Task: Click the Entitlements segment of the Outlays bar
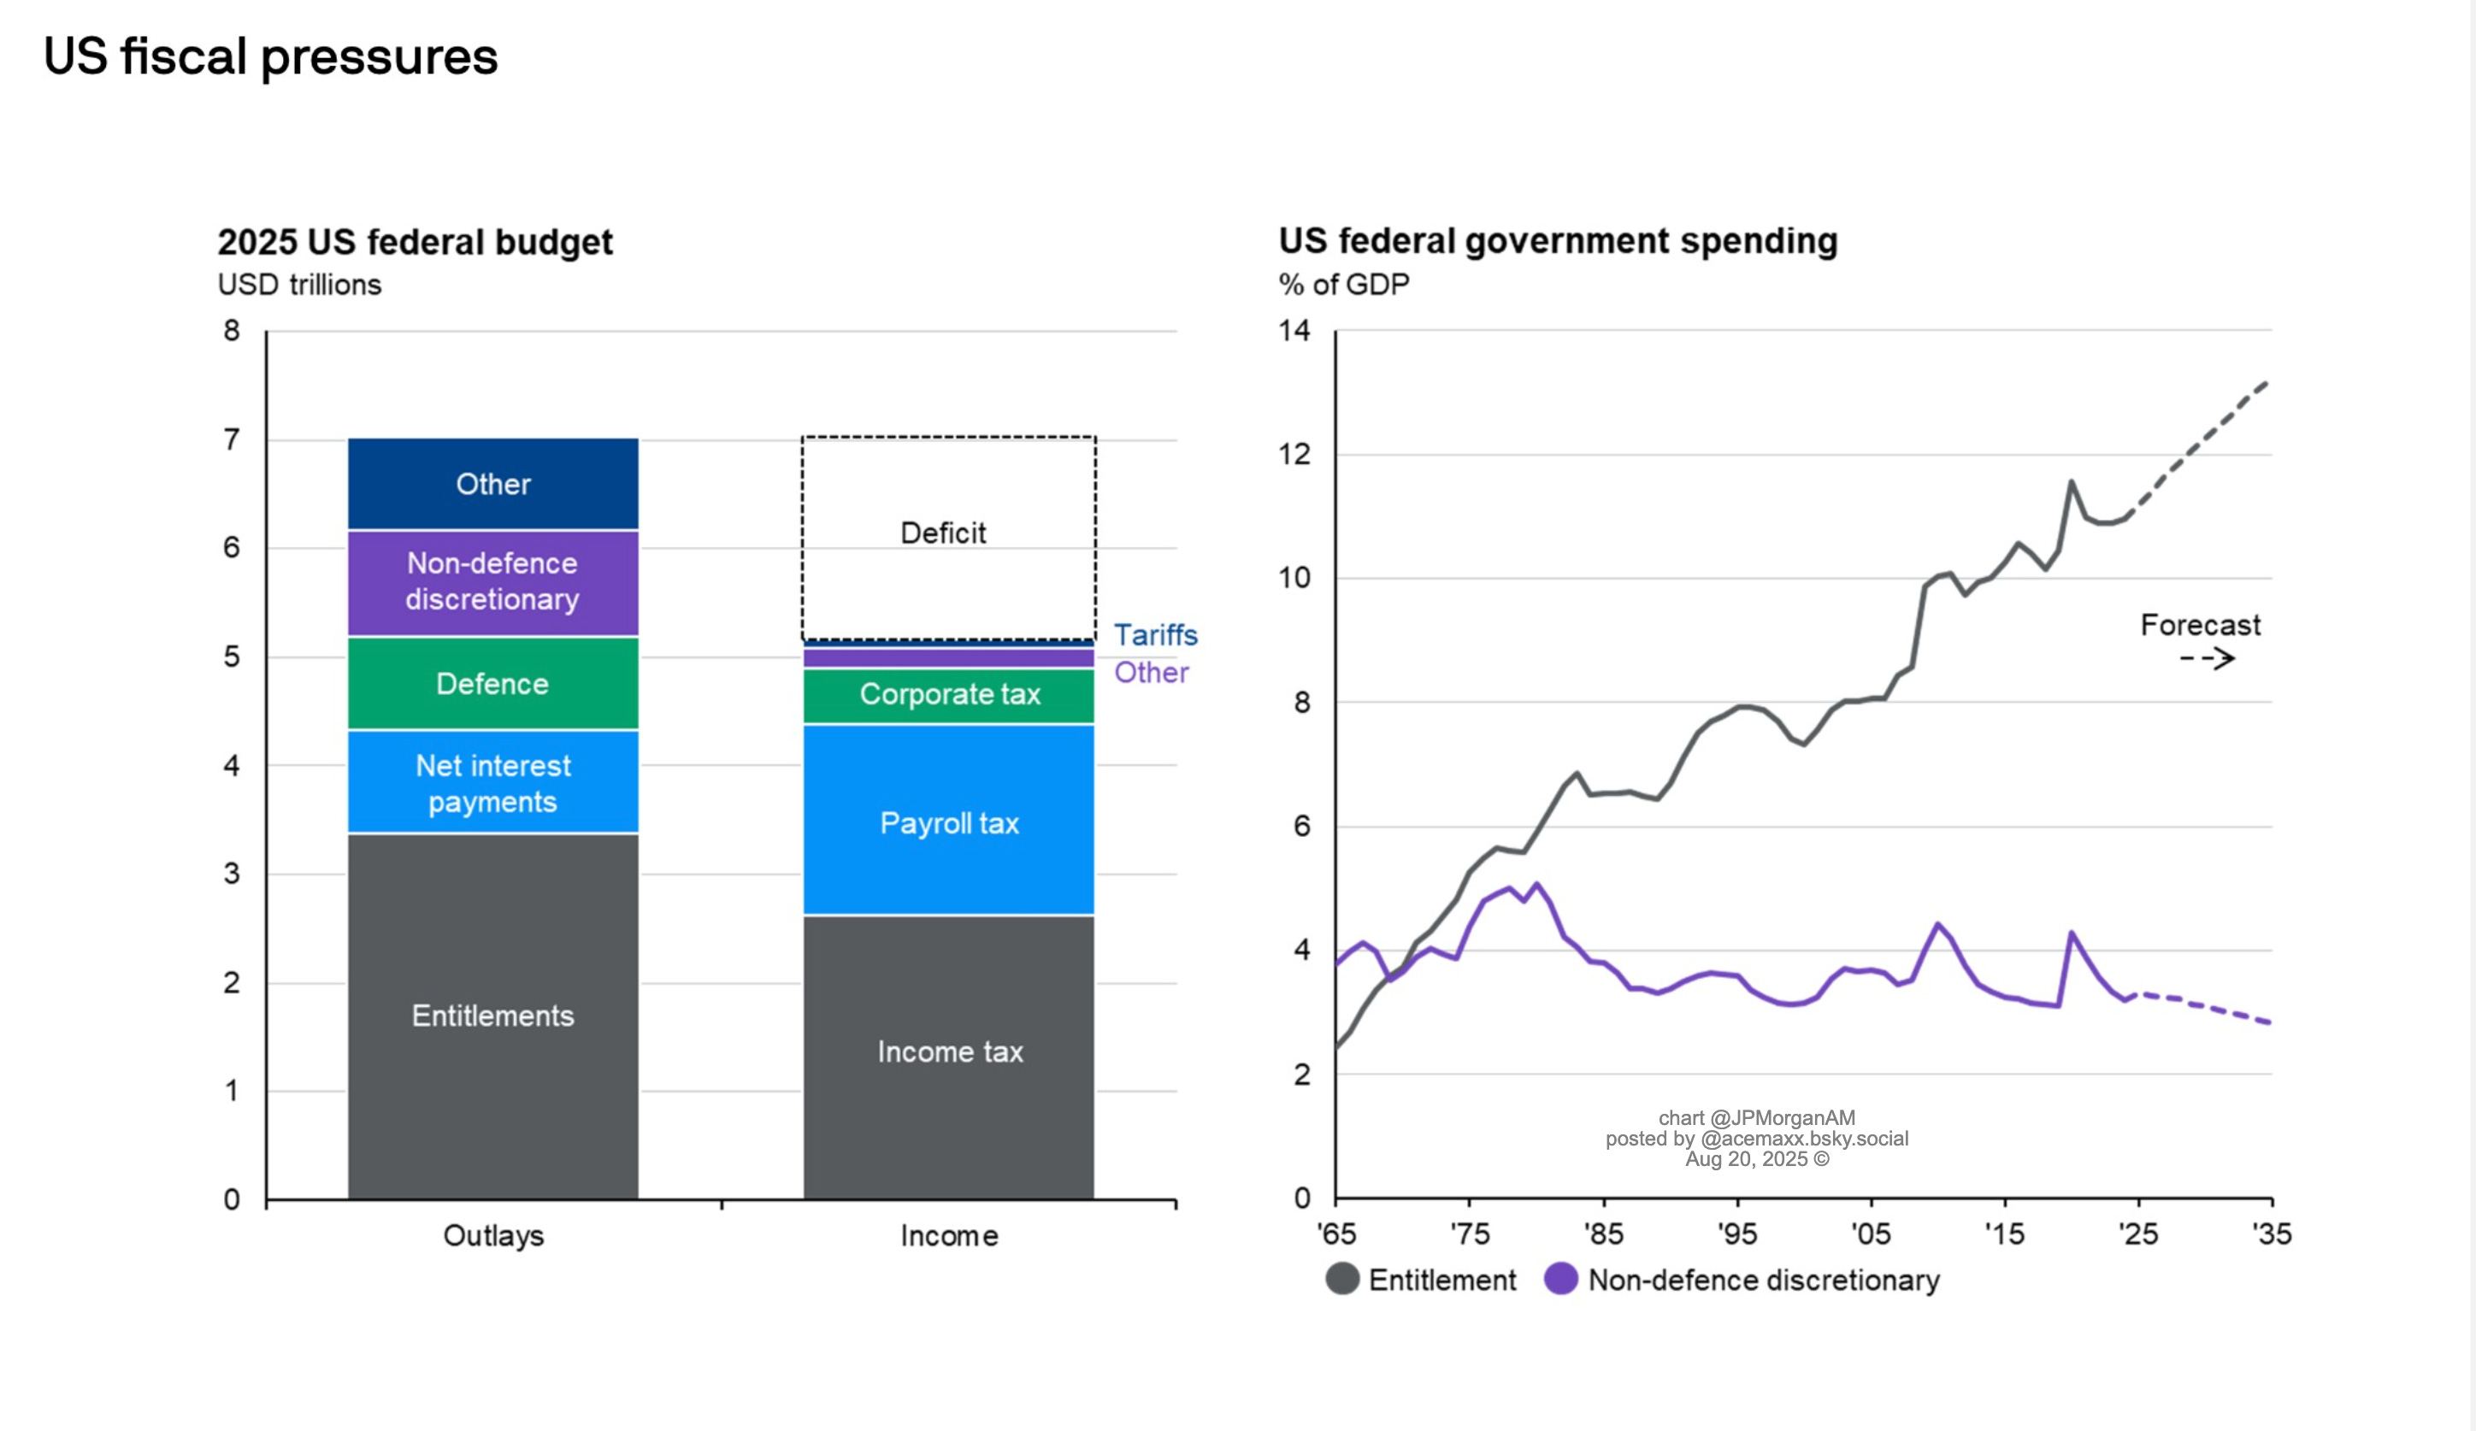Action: [x=492, y=1016]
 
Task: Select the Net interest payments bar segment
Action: [x=492, y=782]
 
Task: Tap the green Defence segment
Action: [x=492, y=684]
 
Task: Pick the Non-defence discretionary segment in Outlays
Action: [x=492, y=581]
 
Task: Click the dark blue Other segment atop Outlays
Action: [x=492, y=483]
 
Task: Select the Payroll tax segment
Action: [x=948, y=822]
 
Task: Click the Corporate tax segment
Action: [x=948, y=694]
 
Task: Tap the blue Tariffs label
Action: [x=1155, y=634]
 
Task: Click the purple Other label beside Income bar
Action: [x=1151, y=673]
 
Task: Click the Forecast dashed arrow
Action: [x=2207, y=658]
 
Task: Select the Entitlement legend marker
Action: [x=1342, y=1279]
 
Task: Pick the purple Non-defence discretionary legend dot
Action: [x=1560, y=1279]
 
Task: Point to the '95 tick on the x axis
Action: [x=1737, y=1234]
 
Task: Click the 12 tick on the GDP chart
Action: [x=1294, y=454]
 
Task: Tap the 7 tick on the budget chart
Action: [x=232, y=439]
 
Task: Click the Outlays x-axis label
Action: [x=493, y=1235]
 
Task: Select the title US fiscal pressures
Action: [x=270, y=56]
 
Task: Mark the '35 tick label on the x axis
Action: [x=2272, y=1234]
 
